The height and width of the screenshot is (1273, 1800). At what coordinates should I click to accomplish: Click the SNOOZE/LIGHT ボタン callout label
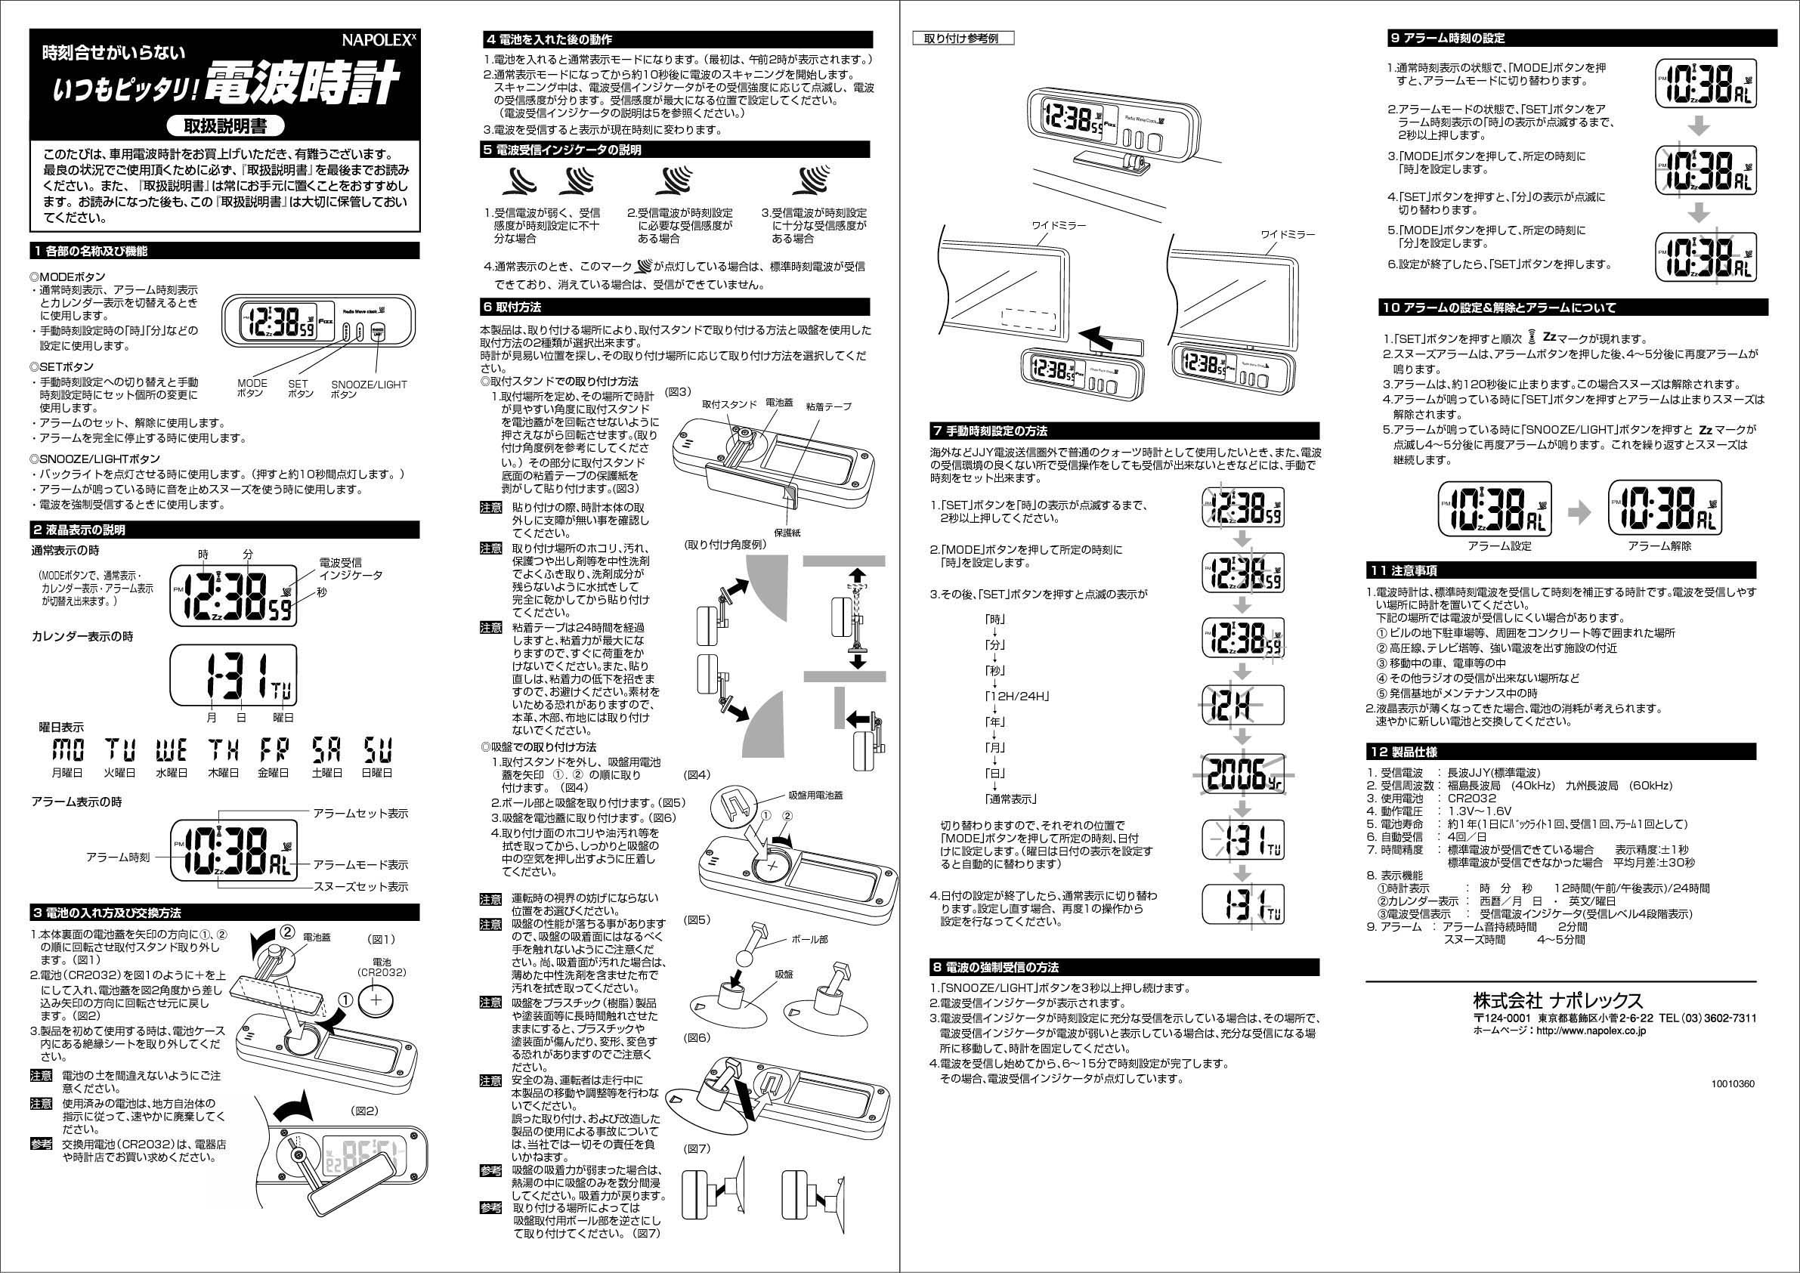369,389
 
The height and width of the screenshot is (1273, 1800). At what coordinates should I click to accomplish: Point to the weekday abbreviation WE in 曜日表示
171,750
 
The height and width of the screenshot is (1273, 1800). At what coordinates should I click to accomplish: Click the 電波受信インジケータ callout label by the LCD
350,569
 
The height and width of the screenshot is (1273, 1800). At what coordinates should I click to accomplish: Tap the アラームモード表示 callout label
360,864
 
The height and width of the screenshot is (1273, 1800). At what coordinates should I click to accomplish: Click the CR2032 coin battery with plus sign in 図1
381,1000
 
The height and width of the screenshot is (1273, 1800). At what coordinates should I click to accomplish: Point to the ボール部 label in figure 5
809,938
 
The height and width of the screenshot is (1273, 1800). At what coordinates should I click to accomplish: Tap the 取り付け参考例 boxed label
963,39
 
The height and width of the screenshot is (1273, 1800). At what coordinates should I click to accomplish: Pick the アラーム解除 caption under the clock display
1659,545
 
